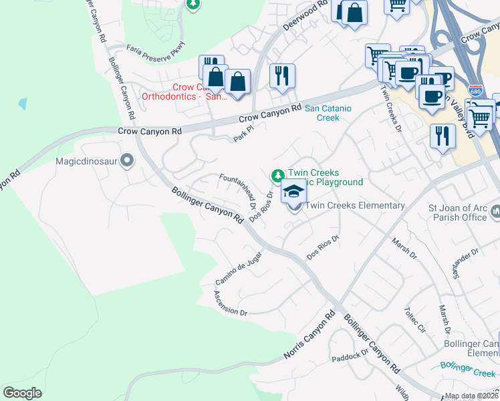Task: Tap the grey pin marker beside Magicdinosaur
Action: pos(128,160)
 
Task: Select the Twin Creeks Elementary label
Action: pos(355,205)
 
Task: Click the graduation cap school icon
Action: pos(292,192)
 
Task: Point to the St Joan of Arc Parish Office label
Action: pos(458,211)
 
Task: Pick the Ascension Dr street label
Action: pos(231,303)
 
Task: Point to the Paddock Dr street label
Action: pos(350,355)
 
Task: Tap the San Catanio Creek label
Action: pos(322,113)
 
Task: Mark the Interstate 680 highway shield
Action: pos(475,90)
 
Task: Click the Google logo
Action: pos(23,392)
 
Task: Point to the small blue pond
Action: pos(23,104)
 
